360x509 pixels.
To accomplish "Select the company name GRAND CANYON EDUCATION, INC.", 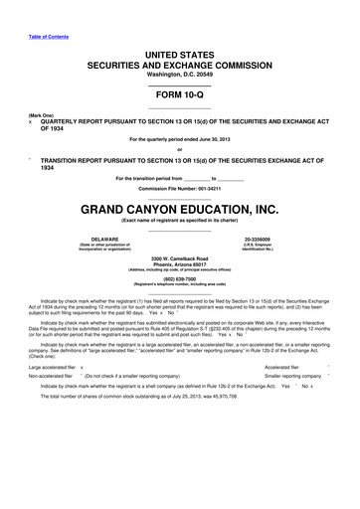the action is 179,210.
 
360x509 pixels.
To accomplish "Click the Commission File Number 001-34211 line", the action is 179,189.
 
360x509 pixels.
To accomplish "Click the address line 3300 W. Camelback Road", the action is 179,258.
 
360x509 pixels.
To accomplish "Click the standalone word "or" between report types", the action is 179,150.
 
